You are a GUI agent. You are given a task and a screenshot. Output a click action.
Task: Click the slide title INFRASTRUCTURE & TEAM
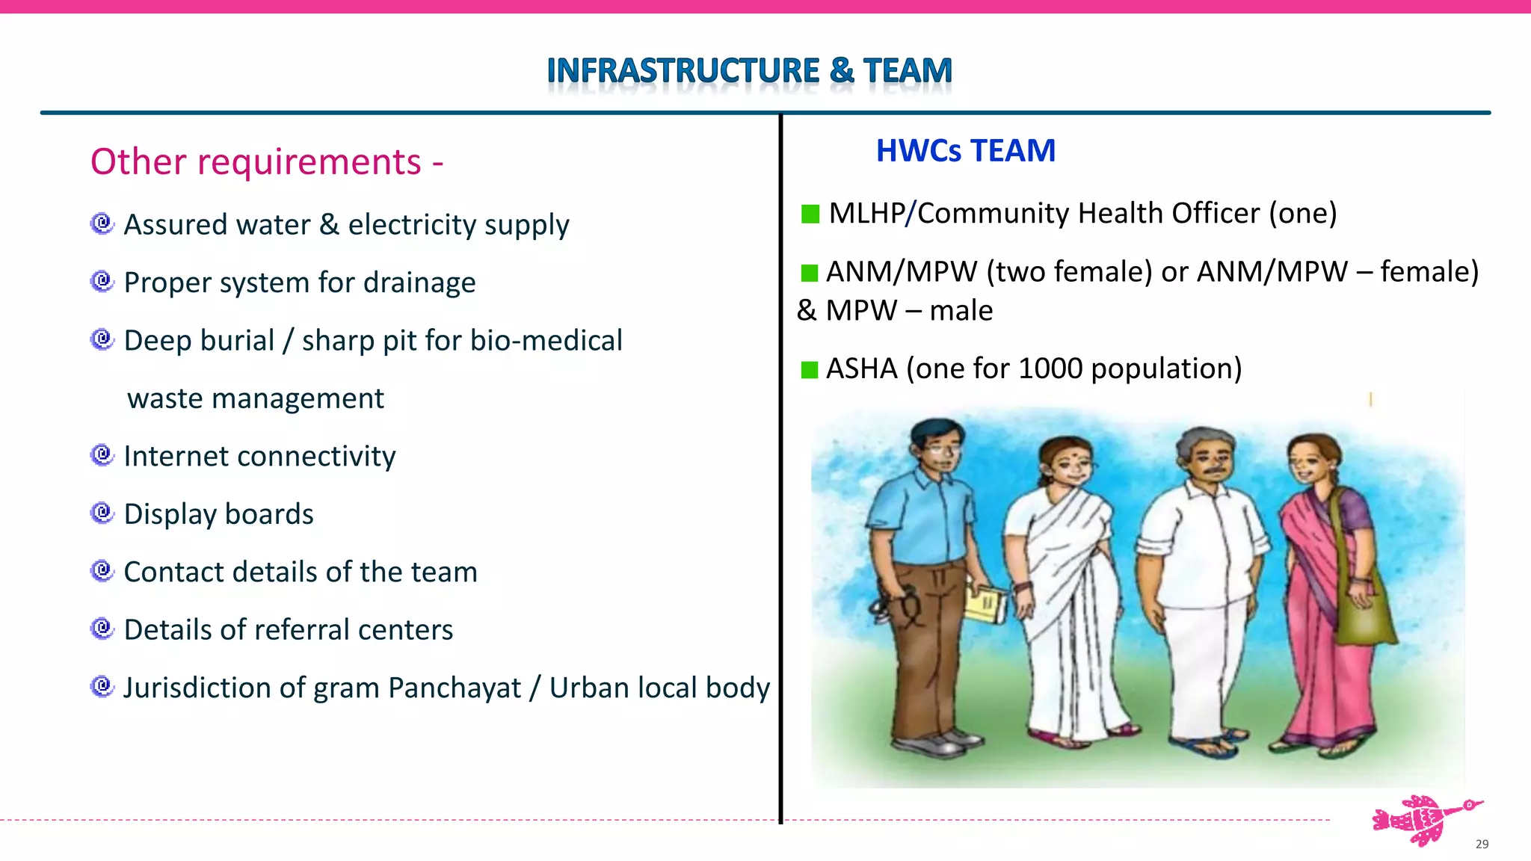[749, 71]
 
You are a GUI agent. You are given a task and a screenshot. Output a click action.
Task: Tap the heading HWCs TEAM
[965, 151]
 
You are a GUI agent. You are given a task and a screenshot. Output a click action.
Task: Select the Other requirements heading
[267, 162]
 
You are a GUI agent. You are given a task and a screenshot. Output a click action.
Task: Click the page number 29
[1482, 844]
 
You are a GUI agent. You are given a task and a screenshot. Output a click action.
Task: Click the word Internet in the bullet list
[176, 456]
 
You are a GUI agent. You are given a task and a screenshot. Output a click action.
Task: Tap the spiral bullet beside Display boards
[102, 513]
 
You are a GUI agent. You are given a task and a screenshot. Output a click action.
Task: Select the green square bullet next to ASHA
[809, 370]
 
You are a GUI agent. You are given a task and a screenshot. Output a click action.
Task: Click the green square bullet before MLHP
[810, 215]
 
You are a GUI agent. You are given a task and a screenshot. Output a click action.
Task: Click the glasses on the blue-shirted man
[940, 451]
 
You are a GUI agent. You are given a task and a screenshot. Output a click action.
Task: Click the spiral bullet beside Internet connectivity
[102, 454]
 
